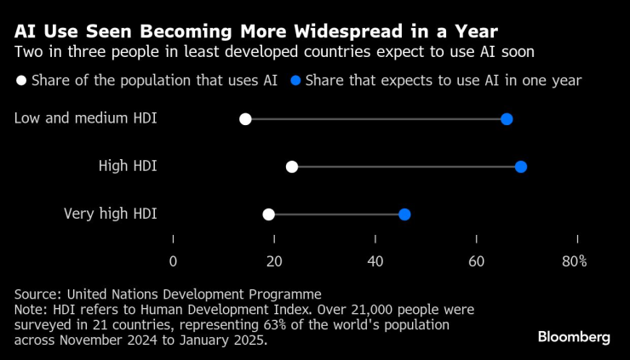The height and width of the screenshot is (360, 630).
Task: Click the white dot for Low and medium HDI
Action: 245,119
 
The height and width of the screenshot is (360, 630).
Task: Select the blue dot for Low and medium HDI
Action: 507,119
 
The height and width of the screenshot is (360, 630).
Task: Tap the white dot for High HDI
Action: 292,167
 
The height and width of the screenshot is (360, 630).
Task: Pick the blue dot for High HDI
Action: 521,167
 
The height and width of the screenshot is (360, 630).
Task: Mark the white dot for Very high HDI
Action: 269,214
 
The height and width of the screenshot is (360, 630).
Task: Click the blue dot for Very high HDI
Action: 404,214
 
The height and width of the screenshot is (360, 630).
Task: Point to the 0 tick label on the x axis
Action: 173,261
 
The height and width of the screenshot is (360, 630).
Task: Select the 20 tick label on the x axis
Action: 274,261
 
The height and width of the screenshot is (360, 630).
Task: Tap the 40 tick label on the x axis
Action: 375,261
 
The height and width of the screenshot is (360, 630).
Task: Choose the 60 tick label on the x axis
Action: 477,261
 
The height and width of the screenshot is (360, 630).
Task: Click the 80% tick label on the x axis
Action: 575,261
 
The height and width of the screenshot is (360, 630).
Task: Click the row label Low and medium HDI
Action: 86,118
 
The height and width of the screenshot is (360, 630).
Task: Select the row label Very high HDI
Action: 111,214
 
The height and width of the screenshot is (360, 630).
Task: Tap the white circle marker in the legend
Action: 20,82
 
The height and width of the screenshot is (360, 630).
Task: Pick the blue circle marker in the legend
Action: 295,82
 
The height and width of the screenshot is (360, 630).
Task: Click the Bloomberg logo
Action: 574,337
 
